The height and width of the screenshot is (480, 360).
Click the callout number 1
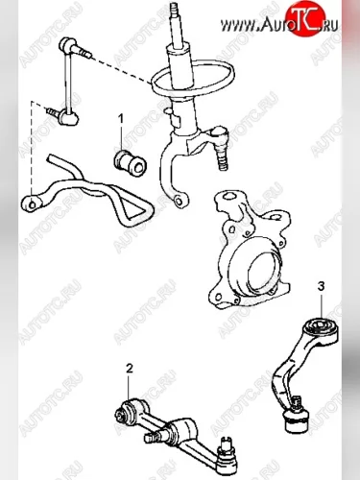[121, 119]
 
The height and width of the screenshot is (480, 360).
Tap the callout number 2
[129, 369]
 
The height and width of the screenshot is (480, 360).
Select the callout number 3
[321, 286]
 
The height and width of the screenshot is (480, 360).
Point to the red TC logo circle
[305, 18]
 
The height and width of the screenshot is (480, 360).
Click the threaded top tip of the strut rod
[174, 7]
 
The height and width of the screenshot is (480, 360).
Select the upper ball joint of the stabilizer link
[68, 43]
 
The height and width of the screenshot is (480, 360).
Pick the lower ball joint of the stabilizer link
[70, 117]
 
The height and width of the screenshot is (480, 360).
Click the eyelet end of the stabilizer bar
[32, 204]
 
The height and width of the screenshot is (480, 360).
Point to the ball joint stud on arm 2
[228, 448]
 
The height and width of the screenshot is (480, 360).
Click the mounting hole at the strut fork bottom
[179, 202]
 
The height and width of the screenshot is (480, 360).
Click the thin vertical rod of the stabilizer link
[67, 81]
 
